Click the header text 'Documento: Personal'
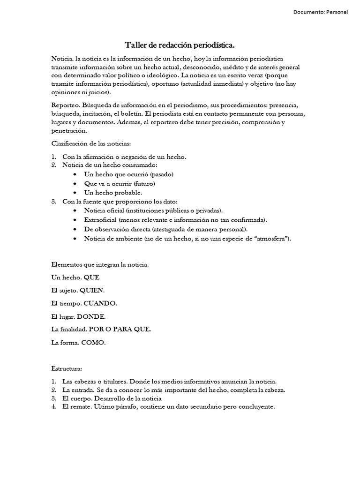pos(321,12)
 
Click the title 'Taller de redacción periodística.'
pos(180,45)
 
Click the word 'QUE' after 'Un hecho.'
pos(92,277)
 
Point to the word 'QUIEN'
pos(92,290)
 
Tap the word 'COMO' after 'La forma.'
pos(93,343)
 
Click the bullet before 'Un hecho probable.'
pos(75,193)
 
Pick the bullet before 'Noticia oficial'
pos(75,210)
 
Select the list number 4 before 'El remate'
pos(53,407)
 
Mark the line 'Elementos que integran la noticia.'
pos(100,265)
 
